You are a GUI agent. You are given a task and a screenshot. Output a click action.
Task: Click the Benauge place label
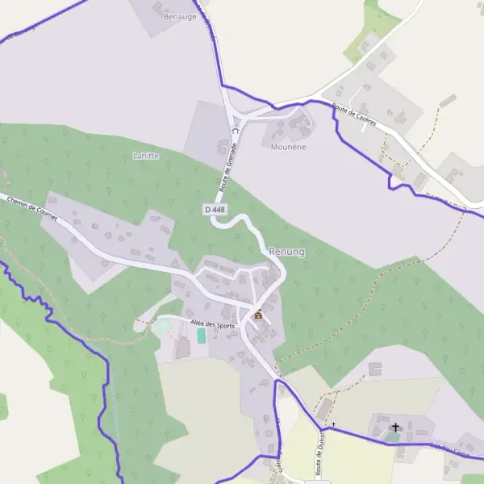click(x=180, y=16)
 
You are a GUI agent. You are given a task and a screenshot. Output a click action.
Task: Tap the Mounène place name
click(x=288, y=148)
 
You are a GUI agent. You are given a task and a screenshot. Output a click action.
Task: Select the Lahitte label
click(x=145, y=156)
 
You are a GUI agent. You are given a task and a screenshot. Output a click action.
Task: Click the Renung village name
click(x=287, y=252)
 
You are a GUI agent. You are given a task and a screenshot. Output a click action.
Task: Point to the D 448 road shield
click(x=215, y=209)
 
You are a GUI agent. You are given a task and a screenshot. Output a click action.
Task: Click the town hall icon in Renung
click(x=258, y=315)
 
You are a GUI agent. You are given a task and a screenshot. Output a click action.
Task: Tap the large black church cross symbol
click(x=395, y=427)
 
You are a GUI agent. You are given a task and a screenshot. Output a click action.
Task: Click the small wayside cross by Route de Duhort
click(x=332, y=424)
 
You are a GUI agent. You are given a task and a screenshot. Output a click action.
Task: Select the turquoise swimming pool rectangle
click(x=201, y=336)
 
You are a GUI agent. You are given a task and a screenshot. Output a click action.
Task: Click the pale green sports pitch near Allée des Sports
click(x=164, y=327)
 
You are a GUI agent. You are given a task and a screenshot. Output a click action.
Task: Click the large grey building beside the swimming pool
click(x=182, y=348)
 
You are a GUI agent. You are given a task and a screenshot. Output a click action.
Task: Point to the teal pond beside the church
click(x=391, y=436)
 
